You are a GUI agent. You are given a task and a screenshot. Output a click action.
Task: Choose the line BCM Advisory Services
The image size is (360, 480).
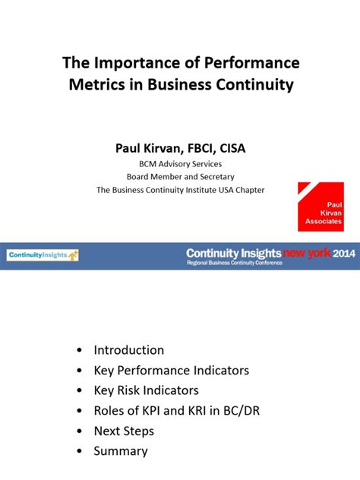(180, 163)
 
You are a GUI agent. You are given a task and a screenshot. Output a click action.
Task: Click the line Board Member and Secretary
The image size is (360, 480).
(180, 177)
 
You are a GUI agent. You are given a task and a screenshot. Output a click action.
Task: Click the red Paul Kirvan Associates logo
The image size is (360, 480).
(321, 207)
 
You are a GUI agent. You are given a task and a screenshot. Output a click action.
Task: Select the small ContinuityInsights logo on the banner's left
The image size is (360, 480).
(43, 256)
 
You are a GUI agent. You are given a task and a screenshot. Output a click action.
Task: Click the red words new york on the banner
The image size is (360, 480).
(306, 253)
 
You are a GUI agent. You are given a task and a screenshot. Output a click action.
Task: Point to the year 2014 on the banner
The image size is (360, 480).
(343, 253)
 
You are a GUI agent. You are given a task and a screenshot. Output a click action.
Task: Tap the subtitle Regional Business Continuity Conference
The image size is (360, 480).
(235, 263)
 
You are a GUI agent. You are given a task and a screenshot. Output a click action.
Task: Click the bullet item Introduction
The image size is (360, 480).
(128, 350)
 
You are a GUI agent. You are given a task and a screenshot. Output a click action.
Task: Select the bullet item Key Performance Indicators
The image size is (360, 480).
(171, 371)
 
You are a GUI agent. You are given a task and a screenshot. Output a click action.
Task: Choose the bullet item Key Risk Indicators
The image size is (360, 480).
(146, 390)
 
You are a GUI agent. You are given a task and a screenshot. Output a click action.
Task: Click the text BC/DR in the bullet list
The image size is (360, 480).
(238, 411)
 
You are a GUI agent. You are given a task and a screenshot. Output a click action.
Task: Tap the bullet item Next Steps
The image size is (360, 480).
(124, 431)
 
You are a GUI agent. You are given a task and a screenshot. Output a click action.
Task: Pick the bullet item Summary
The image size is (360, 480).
(120, 451)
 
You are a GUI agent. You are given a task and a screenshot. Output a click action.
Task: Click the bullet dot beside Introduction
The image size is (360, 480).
(81, 351)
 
